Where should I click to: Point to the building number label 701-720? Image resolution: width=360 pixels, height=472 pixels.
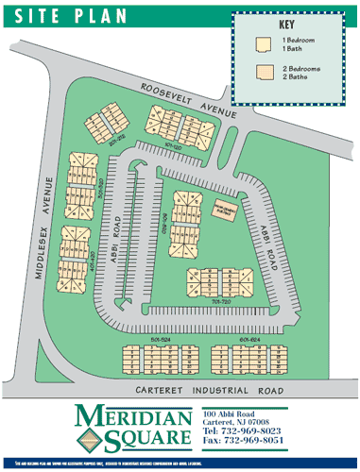pos(223,301)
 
